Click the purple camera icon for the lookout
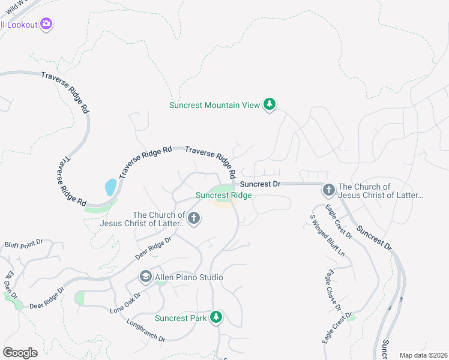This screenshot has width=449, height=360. click(x=47, y=24)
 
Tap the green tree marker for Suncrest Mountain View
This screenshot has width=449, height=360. click(x=270, y=105)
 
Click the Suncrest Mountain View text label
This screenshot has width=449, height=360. click(x=214, y=105)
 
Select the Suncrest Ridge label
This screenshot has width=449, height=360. click(x=223, y=195)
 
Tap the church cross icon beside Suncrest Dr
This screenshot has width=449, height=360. click(x=328, y=190)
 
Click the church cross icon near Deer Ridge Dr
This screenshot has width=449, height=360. click(x=193, y=219)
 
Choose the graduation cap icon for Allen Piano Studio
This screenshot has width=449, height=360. click(x=145, y=277)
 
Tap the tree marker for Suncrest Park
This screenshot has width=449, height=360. click(x=216, y=317)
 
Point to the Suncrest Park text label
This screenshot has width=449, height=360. click(x=180, y=318)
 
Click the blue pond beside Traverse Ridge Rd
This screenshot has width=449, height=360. click(x=110, y=187)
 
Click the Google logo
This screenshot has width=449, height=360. click(x=20, y=353)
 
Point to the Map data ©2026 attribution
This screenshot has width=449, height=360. click(x=423, y=355)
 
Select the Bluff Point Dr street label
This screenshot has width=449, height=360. click(x=24, y=244)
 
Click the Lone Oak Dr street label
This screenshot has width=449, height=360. click(x=125, y=303)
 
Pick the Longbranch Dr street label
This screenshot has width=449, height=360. click(x=145, y=330)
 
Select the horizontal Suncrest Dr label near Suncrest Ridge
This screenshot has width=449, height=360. click(x=261, y=184)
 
